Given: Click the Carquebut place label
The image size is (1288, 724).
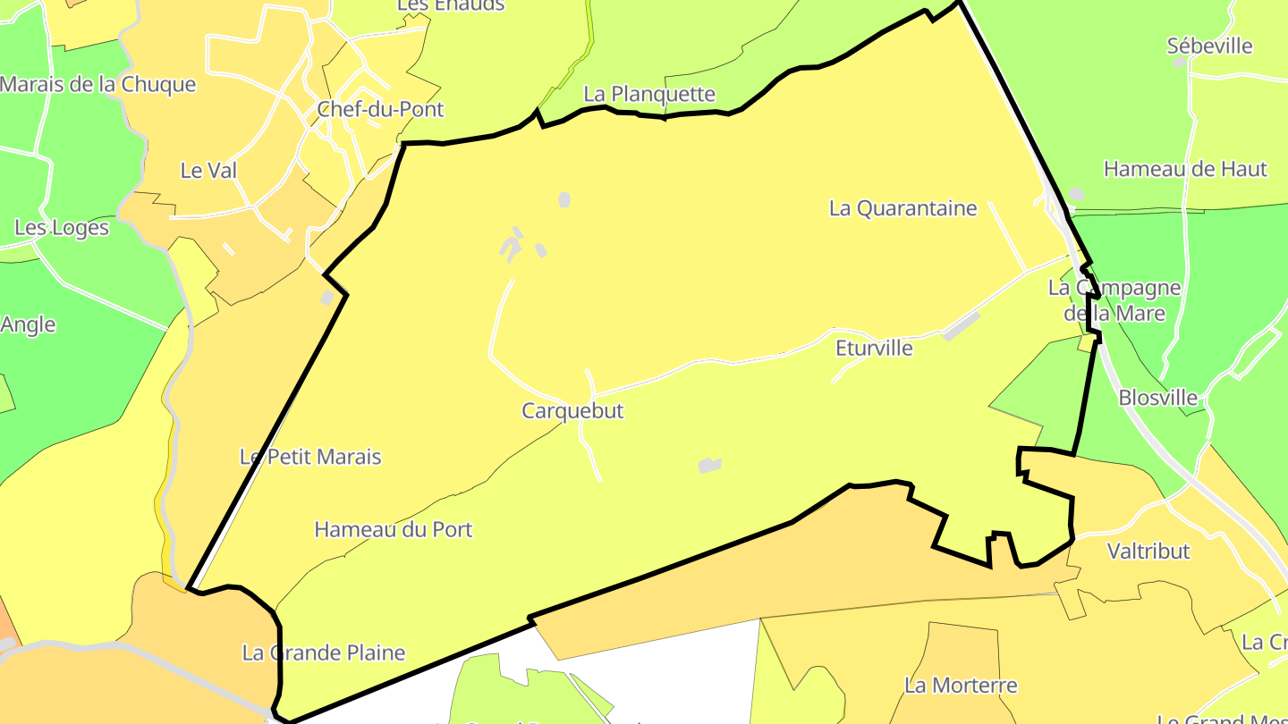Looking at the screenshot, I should tap(572, 411).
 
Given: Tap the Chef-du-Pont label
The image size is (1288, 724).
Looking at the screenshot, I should tap(380, 110).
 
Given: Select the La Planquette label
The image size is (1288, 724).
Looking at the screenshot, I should tap(649, 94).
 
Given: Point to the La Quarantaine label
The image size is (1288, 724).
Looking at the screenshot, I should tap(903, 208).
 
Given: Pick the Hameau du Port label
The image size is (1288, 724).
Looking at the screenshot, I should tap(394, 529).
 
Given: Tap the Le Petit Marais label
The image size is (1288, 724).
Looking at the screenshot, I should tap(310, 457).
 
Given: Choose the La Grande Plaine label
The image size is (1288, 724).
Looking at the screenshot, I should tap(324, 652).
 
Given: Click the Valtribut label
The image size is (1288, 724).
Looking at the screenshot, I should tap(1148, 551).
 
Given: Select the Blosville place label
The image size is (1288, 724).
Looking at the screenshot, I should tap(1158, 398).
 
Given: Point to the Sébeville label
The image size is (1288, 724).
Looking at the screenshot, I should tap(1209, 46).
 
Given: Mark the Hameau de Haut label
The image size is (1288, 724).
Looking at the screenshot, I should tap(1185, 169).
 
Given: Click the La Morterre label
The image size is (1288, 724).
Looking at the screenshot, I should tap(961, 686).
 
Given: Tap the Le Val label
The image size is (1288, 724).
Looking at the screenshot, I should tap(208, 170).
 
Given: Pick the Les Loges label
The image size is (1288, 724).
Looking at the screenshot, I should tap(62, 228).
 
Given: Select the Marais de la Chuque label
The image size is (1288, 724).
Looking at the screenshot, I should tap(97, 85).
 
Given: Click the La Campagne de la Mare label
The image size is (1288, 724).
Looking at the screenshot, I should tap(1114, 300).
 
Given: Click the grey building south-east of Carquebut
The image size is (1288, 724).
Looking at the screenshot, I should tap(710, 465).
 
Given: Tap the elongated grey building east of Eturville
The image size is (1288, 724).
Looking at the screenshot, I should tap(962, 325).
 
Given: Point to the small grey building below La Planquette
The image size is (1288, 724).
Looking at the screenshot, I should tap(564, 199).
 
